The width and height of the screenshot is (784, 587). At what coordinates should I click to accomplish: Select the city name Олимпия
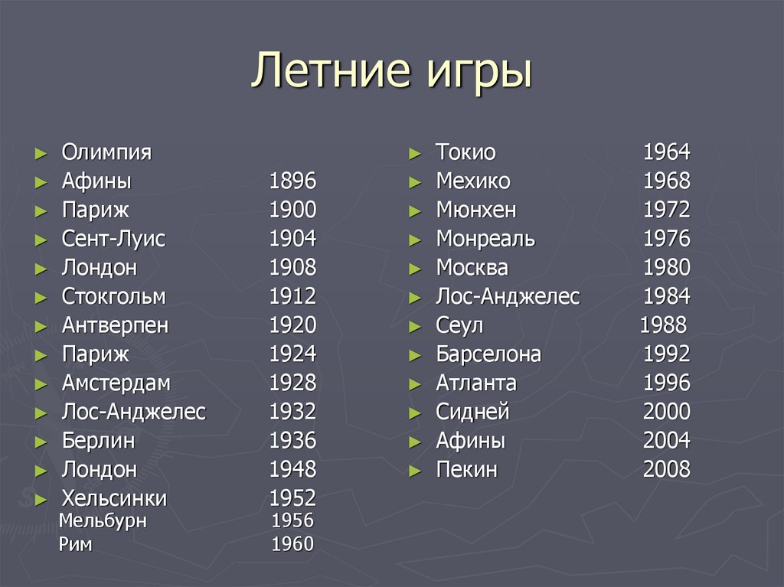(x=106, y=152)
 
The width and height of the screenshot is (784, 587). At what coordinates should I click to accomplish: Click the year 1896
(x=292, y=181)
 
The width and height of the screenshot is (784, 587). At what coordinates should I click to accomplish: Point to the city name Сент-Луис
(x=113, y=239)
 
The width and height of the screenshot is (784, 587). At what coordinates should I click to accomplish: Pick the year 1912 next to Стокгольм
(x=292, y=296)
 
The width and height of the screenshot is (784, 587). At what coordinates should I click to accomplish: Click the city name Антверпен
(x=115, y=325)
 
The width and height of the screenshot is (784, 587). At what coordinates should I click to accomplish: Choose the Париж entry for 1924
(x=96, y=354)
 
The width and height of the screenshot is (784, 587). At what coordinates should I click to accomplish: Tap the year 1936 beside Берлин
(x=292, y=441)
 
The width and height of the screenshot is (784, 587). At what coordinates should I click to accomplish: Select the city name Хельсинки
(x=114, y=498)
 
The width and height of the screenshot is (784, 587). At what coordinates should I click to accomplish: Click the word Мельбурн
(x=103, y=522)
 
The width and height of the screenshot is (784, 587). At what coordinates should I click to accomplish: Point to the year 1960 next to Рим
(x=292, y=544)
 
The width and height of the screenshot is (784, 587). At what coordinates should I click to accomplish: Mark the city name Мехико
(x=472, y=181)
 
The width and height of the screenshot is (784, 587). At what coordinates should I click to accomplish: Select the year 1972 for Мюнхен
(x=666, y=210)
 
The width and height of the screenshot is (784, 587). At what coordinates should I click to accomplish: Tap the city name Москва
(x=472, y=268)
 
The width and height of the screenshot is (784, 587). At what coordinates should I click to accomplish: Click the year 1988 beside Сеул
(x=663, y=325)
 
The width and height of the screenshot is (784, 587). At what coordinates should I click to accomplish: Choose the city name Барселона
(x=488, y=354)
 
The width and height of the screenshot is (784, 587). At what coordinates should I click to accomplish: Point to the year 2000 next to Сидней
(x=666, y=412)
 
